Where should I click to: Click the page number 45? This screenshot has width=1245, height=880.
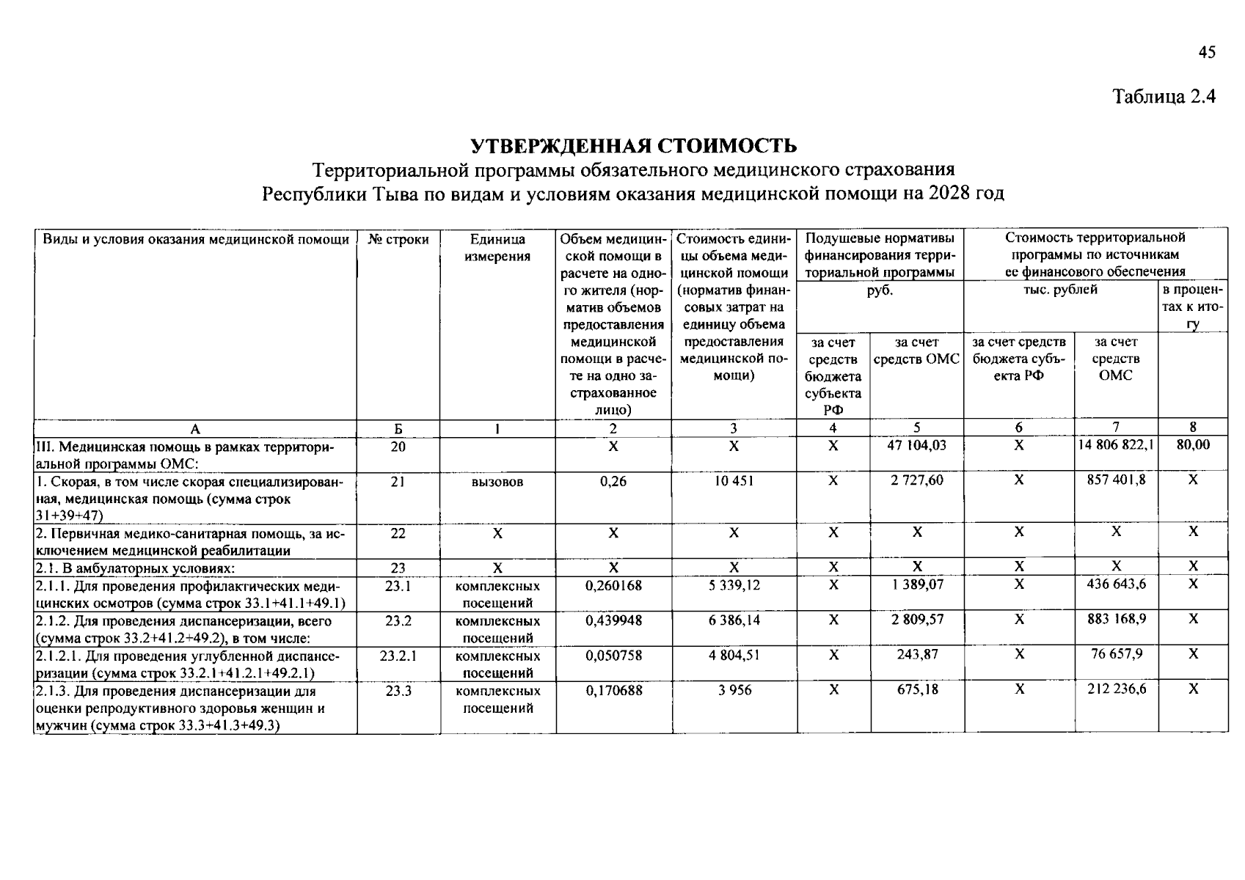[1207, 52]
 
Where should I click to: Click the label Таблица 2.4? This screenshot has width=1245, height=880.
[1164, 97]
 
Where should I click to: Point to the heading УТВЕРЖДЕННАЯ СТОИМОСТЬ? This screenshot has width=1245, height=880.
[633, 146]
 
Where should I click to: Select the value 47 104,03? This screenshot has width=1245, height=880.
[917, 445]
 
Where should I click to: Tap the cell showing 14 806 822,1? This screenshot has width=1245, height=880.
[1115, 445]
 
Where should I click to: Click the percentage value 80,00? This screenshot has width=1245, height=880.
[1193, 445]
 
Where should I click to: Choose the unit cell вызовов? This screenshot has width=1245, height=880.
[497, 482]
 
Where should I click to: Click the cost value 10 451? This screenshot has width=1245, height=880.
[734, 481]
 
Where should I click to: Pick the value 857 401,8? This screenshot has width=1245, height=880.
[1116, 480]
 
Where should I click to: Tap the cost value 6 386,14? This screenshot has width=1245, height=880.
[734, 620]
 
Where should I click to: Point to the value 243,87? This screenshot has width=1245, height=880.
[917, 655]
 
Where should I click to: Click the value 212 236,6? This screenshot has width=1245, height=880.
[1116, 689]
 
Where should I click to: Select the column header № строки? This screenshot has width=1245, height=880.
[398, 239]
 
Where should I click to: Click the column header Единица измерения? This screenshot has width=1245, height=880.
[497, 248]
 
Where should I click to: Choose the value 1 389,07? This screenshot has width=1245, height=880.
[917, 584]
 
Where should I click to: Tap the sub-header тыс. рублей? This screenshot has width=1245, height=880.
[1060, 290]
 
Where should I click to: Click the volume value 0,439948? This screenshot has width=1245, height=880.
[613, 620]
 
